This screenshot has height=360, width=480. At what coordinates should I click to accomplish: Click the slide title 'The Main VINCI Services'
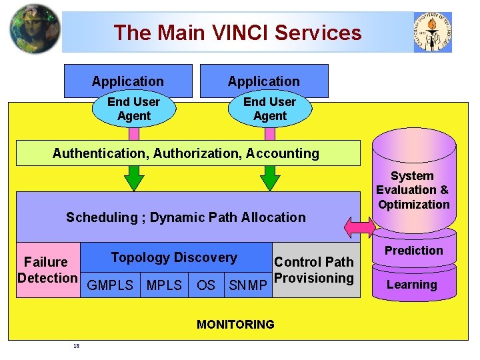click(237, 33)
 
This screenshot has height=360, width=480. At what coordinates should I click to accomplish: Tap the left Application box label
click(127, 81)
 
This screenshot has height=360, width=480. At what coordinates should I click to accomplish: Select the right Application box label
click(263, 81)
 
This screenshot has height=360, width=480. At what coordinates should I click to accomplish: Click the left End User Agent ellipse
click(133, 109)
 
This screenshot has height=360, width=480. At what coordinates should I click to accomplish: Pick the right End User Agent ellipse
click(269, 109)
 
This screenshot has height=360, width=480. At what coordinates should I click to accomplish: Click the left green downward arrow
click(135, 178)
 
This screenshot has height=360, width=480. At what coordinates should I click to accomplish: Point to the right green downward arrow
click(270, 178)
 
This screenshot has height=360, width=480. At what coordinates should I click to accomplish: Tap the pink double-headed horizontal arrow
click(361, 227)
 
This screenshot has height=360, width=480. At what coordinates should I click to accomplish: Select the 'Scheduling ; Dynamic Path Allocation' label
click(185, 217)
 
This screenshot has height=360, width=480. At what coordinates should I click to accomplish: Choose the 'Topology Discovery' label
click(174, 257)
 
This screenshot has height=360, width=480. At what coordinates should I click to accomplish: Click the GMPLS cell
click(111, 285)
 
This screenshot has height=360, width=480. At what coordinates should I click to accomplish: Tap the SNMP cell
click(248, 285)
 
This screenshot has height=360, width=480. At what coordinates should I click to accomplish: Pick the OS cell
click(206, 285)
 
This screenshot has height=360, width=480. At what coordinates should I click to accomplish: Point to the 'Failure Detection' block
click(47, 270)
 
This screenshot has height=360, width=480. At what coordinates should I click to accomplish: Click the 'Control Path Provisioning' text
click(314, 270)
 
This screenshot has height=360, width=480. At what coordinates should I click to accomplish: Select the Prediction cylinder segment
click(413, 251)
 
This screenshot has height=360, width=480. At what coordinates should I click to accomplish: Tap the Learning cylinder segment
click(412, 285)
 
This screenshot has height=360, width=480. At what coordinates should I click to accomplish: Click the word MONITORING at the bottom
click(235, 325)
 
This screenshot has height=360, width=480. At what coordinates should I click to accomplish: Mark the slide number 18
click(77, 345)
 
